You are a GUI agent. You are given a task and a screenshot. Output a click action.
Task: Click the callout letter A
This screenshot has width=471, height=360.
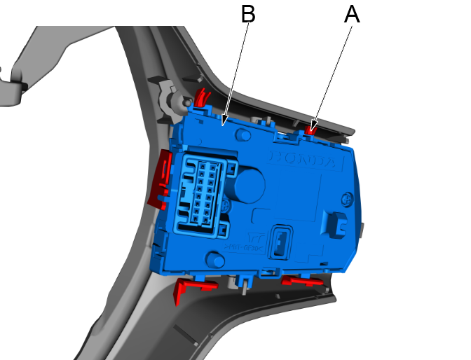coord(352,15)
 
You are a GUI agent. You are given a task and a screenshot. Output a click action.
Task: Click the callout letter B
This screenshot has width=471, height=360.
coord(247,13)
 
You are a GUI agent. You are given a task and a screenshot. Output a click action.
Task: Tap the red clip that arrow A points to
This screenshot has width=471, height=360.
coord(310,127)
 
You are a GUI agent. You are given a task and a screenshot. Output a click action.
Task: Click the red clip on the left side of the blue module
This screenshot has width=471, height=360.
coord(161,179)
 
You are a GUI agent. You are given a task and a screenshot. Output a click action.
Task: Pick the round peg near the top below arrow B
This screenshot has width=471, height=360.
coord(243,134)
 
